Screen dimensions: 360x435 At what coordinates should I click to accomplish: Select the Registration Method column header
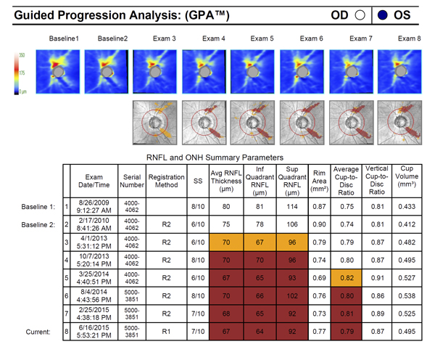pos(166,179)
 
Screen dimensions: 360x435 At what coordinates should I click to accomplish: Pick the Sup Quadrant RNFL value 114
pos(292,206)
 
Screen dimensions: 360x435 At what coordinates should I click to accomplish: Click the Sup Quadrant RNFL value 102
pos(292,296)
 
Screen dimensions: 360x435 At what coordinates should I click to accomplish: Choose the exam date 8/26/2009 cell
pos(94,206)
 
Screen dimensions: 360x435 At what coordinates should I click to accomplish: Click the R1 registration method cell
pos(166,332)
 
